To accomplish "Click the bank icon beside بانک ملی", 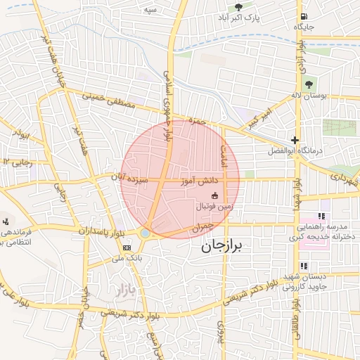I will pyautogui.click(x=127, y=247).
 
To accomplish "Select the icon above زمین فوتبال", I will pyautogui.click(x=214, y=195).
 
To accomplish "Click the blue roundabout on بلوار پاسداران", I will pyautogui.click(x=146, y=233).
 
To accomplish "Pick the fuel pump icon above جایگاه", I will pyautogui.click(x=302, y=16).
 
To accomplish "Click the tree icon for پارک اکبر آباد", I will pyautogui.click(x=238, y=7).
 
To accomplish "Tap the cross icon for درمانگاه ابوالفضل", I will pyautogui.click(x=295, y=140).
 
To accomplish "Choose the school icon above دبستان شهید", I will pyautogui.click(x=304, y=266).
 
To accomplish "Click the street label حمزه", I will pyautogui.click(x=196, y=121).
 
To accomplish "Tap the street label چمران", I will pyautogui.click(x=200, y=228).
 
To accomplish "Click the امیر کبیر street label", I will pyautogui.click(x=258, y=115).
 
